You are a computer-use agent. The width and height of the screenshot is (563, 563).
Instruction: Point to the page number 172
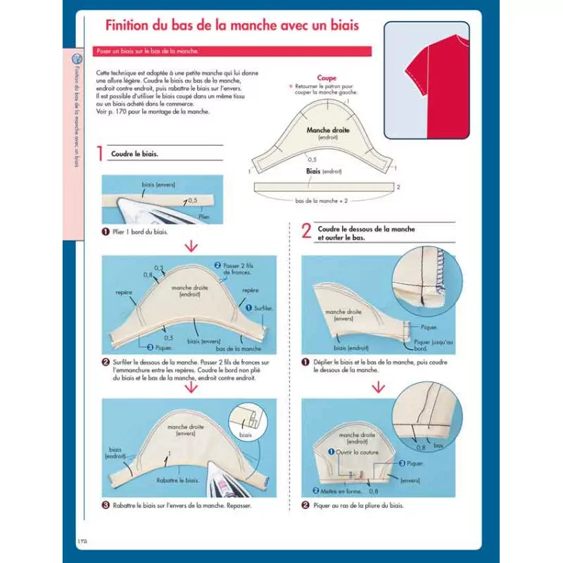[x=82, y=540]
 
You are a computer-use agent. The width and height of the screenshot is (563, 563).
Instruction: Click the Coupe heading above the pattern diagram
[x=327, y=78]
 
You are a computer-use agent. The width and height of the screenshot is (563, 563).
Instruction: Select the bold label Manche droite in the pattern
[x=328, y=130]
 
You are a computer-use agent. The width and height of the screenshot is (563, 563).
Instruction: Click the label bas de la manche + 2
[x=323, y=201]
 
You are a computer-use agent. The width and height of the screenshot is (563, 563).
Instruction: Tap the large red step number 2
[x=306, y=232]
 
